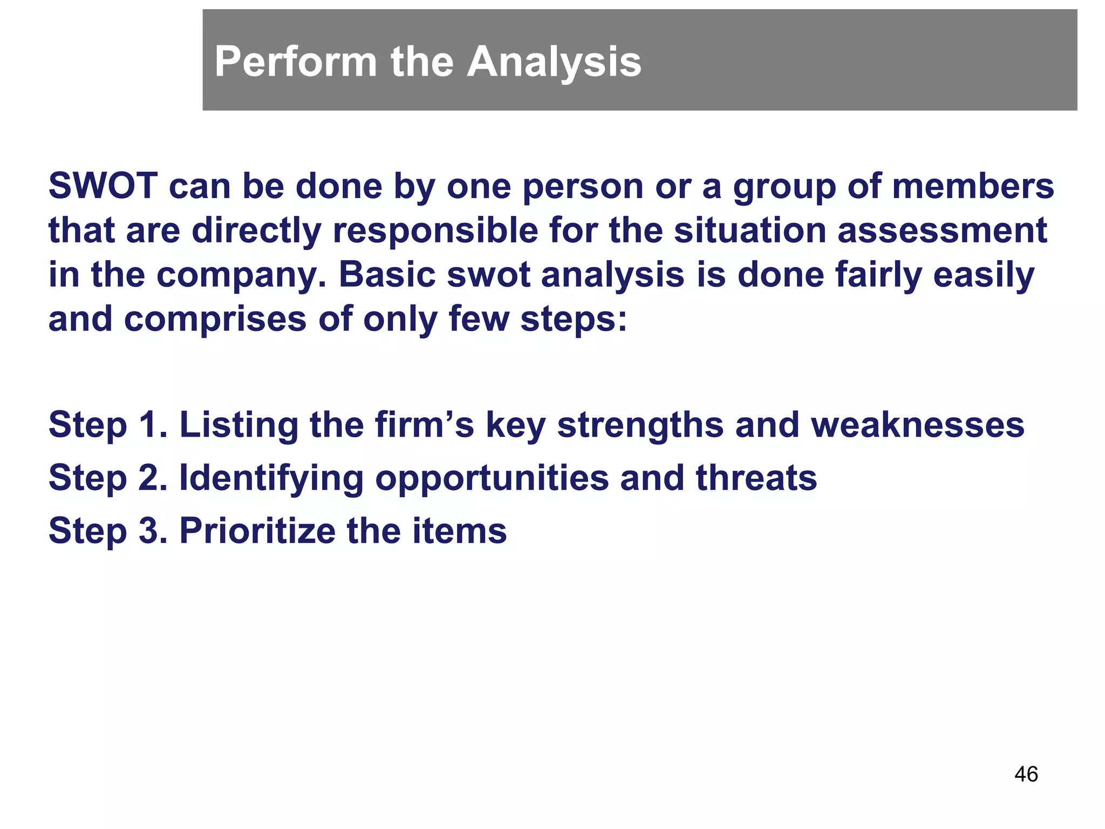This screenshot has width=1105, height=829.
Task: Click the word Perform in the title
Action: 295,62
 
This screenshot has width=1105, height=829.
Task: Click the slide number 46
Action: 1026,774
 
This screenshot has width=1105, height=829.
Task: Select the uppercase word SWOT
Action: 103,186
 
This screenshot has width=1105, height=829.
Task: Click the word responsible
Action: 435,230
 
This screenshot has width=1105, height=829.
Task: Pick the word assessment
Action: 942,230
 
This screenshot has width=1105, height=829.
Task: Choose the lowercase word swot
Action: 488,275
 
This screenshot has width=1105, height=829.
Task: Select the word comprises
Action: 215,320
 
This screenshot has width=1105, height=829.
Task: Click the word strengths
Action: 640,425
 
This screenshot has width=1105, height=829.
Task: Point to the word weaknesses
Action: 917,425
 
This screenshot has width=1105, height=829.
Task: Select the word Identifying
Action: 271,478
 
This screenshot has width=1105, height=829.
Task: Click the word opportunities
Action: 492,478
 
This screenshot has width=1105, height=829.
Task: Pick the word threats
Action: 756,478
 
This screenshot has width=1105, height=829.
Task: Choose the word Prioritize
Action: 257,531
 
